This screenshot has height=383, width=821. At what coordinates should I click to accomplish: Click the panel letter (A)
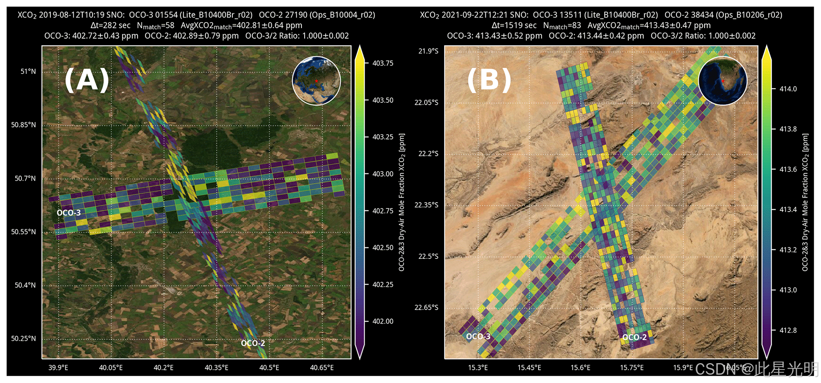87,80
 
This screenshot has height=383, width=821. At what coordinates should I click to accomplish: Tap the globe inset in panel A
316,81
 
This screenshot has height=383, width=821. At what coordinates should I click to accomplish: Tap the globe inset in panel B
722,81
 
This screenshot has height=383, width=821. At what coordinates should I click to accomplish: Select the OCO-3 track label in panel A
69,213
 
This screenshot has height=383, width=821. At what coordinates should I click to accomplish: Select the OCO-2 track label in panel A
253,343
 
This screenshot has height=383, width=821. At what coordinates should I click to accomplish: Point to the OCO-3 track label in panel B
478,337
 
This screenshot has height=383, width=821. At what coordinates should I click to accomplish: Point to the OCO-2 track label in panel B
634,337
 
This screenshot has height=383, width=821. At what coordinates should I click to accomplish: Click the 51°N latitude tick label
28,71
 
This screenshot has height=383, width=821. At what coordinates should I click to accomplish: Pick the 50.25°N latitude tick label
23,339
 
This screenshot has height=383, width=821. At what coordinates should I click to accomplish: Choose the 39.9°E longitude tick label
58,368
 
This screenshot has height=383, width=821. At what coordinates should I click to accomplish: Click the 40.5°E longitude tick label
269,368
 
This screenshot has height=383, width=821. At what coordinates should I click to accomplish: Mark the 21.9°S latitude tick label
429,51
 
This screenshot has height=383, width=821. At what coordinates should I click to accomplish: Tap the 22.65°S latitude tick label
427,308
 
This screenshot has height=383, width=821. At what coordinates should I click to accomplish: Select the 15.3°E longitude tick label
478,368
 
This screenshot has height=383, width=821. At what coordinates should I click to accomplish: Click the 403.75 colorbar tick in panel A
383,63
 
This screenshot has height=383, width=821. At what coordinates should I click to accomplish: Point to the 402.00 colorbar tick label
383,321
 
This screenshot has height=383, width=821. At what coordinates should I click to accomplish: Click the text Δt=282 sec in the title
110,25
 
